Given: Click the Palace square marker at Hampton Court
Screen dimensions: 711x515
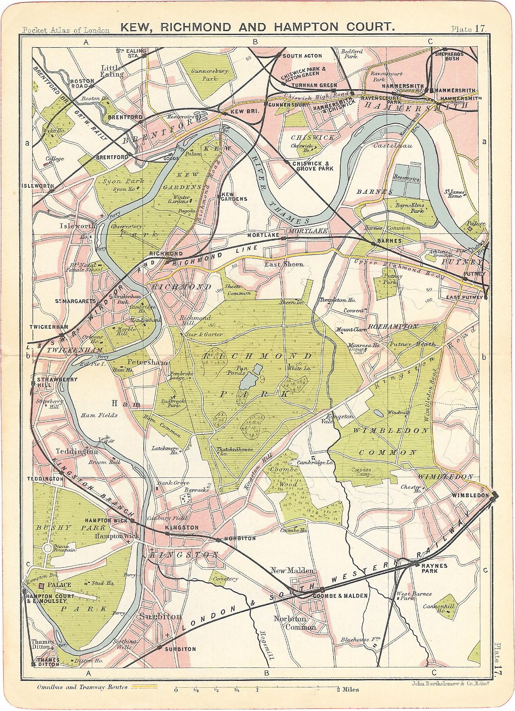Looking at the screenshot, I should point(41,586).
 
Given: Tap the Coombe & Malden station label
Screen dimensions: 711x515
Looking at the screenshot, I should point(341,595).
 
